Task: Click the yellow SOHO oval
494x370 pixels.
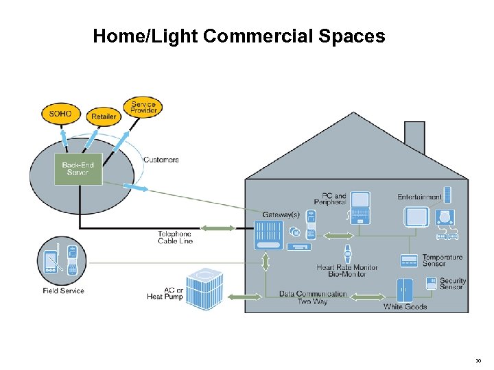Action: (x=60, y=113)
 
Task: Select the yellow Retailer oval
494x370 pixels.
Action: (x=104, y=116)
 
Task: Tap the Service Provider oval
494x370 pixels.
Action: (x=143, y=108)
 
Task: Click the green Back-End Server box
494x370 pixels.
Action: (x=78, y=169)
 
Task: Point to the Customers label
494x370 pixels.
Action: (x=161, y=160)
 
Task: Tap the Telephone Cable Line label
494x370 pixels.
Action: (x=175, y=237)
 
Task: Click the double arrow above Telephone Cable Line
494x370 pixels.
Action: (x=217, y=228)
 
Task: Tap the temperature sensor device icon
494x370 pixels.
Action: (x=409, y=261)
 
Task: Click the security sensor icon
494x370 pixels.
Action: (x=432, y=282)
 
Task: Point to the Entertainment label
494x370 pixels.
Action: (x=419, y=197)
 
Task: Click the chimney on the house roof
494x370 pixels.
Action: (x=414, y=137)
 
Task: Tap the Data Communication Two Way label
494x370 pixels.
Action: (x=313, y=297)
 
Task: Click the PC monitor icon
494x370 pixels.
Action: (x=360, y=203)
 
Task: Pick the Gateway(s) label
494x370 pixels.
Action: (x=281, y=214)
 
